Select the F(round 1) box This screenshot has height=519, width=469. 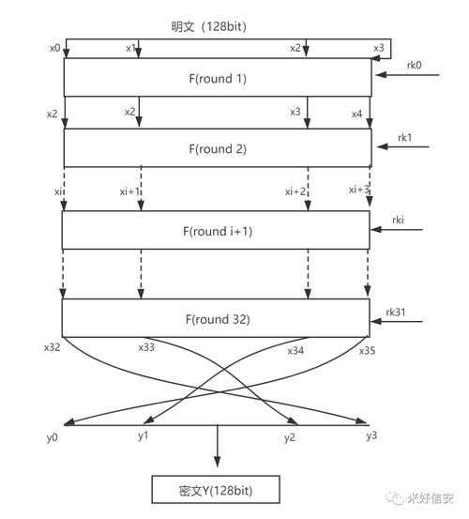pos(217,78)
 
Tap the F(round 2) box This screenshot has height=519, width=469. pos(217,148)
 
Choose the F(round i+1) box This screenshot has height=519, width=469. pos(217,231)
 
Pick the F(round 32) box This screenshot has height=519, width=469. pos(217,317)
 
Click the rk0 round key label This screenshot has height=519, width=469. pos(413,66)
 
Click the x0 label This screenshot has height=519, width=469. pos(53,47)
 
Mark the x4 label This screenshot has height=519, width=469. pos(356,114)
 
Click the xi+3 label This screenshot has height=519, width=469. pos(358,190)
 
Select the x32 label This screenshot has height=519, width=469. pos(53,346)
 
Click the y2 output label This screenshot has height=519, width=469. pos(291,438)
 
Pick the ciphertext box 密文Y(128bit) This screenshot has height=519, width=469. pos(218,490)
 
